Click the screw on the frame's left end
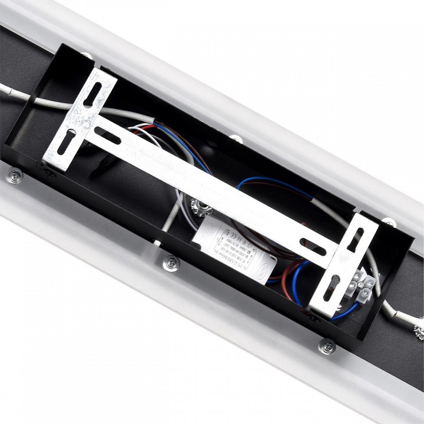pyautogui.click(x=14, y=175)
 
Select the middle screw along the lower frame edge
pyautogui.click(x=170, y=263)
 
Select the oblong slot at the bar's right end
pyautogui.click(x=313, y=247)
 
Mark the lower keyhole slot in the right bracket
pyautogui.click(x=331, y=288)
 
